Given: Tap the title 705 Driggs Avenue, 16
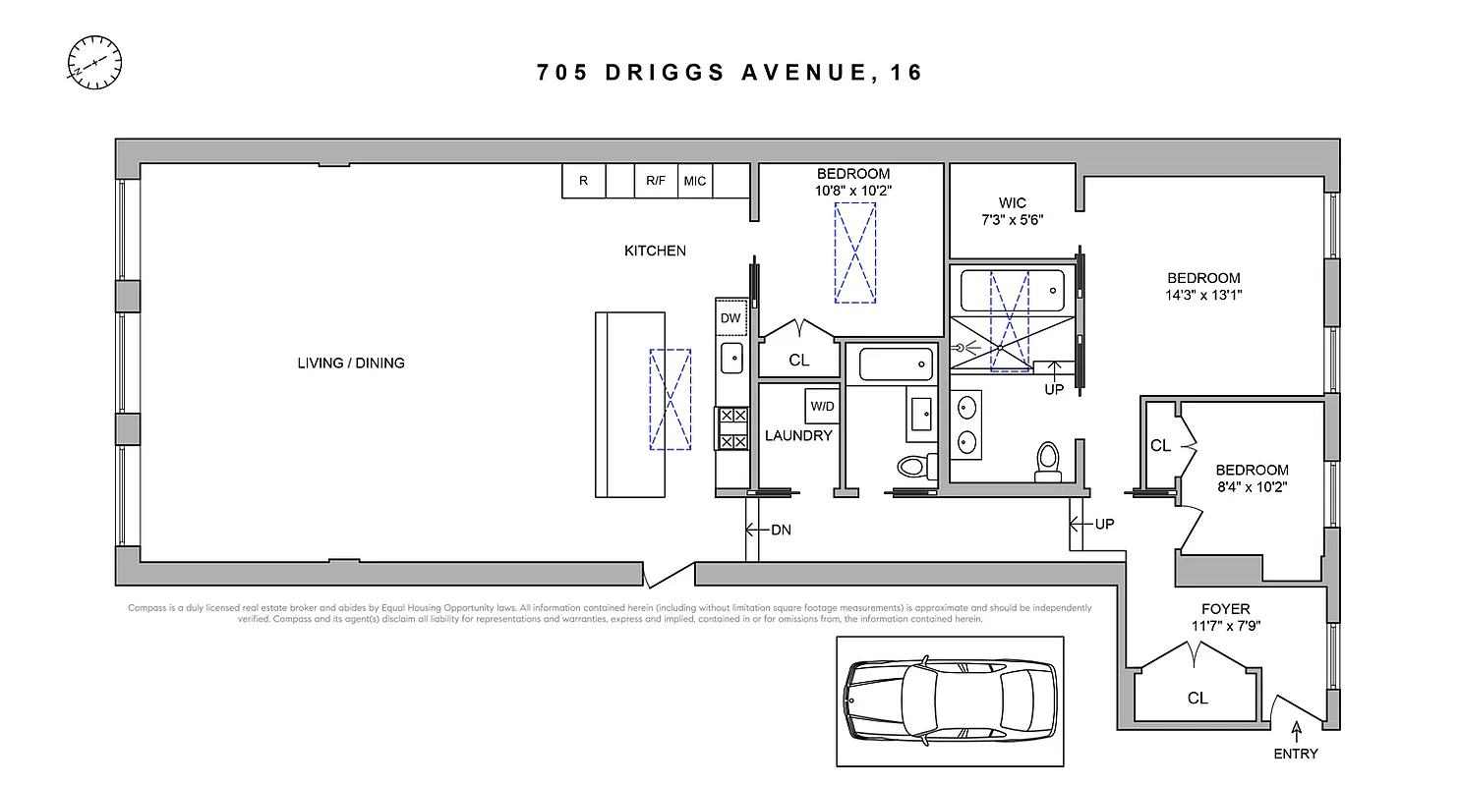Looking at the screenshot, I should tap(730, 73).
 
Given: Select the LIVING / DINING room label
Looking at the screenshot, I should tap(351, 363).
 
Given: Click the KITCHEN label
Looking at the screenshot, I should tap(655, 251).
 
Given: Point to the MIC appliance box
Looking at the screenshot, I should tap(694, 181).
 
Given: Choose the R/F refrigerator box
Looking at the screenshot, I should tap(656, 181).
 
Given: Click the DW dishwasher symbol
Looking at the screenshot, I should tap(730, 317).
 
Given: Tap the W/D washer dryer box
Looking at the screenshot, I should tap(822, 405).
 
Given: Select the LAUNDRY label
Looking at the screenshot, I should tap(798, 435).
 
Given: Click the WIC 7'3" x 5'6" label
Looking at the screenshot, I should tap(1012, 211).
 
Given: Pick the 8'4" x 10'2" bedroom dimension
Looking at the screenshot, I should tap(1251, 485).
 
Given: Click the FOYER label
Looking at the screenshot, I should tap(1225, 609).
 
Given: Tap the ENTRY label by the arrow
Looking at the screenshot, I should tap(1296, 754).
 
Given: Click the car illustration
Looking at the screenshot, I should tap(950, 701).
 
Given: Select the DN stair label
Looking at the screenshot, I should tap(781, 530).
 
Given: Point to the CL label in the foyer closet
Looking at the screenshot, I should tap(1197, 698).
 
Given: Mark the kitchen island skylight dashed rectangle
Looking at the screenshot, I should tap(670, 399).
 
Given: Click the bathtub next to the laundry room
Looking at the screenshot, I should tap(895, 365).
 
